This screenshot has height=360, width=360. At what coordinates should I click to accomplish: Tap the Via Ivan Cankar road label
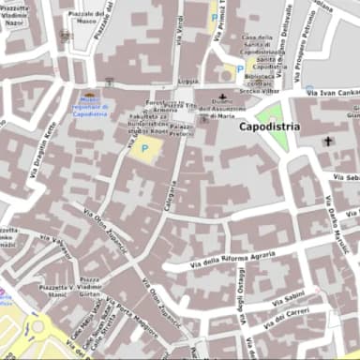point(332,92)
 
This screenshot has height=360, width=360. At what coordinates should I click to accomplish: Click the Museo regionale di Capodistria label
point(90,109)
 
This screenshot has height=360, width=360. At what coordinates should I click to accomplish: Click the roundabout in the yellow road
point(37,328)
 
